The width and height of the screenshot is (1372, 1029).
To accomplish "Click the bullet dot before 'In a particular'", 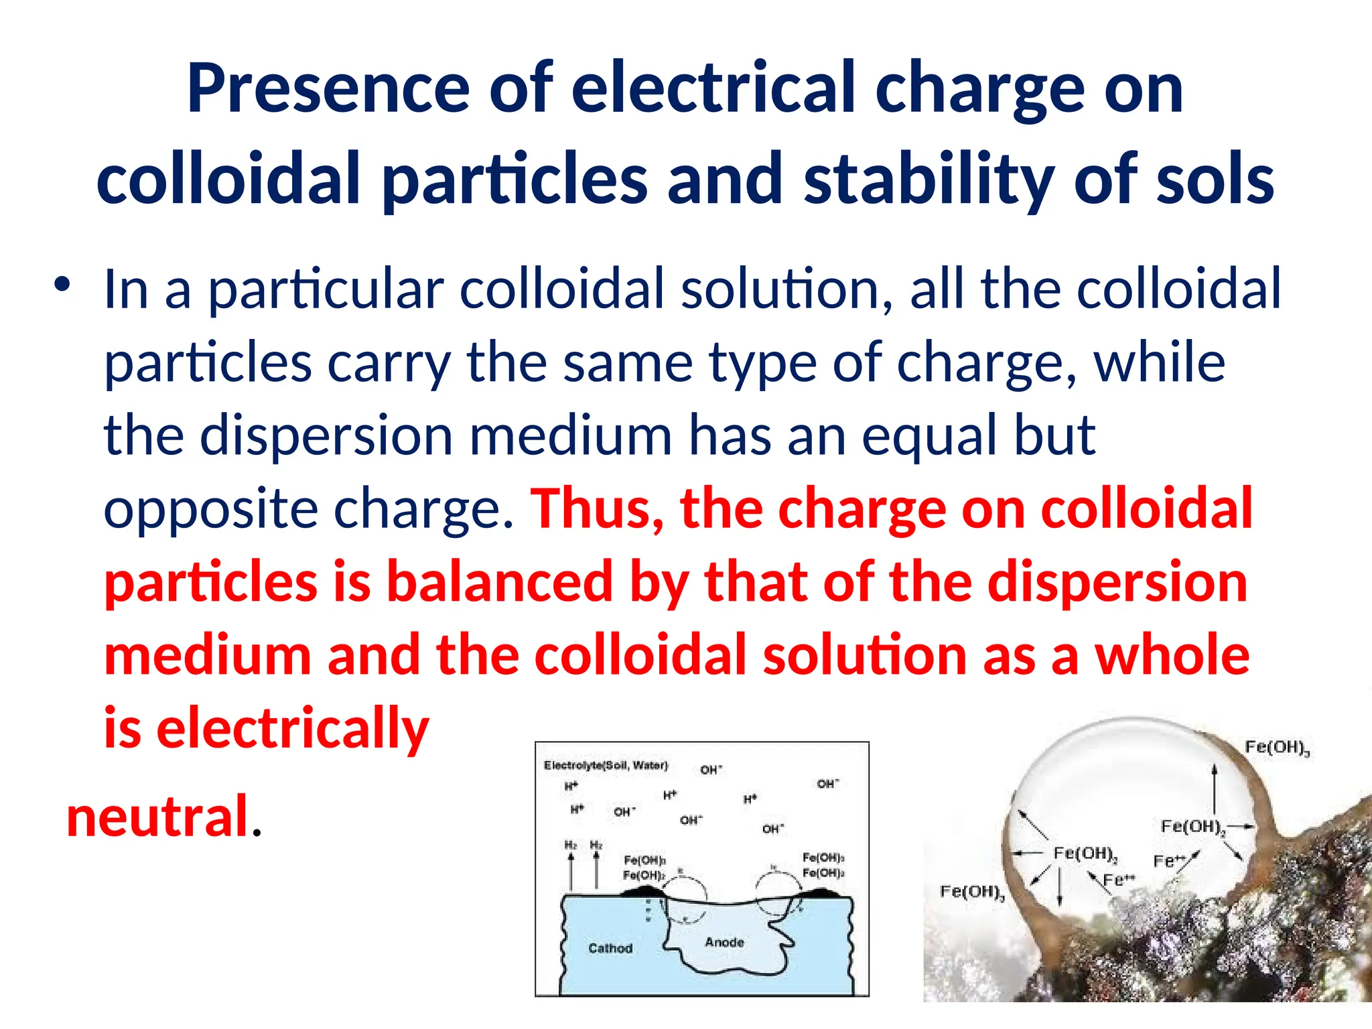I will pos(62,285).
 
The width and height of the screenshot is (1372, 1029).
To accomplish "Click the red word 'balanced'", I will pos(500,581).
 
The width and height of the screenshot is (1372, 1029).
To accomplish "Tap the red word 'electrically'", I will pos(292,728).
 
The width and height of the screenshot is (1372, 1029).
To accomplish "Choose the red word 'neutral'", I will pos(158,816).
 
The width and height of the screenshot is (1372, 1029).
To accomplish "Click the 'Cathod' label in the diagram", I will pos(610,948).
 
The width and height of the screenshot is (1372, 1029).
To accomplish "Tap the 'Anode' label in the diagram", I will pos(724,942).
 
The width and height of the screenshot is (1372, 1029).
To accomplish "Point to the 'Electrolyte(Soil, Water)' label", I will pos(606,765).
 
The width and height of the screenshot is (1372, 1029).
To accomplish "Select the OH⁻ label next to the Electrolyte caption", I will pos(711,770).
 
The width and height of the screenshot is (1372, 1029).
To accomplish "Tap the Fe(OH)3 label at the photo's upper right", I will pos(1276,748).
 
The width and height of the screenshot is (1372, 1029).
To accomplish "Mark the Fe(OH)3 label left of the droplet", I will pos(971,892).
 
